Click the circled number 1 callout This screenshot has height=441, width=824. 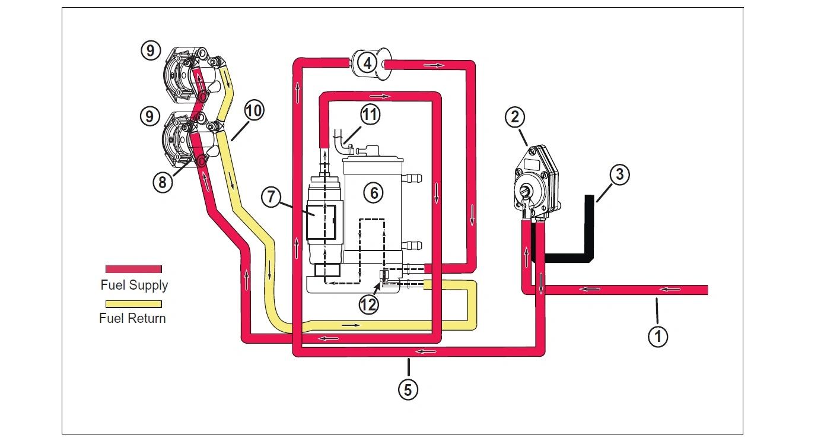point(658,337)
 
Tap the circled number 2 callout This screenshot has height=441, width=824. point(515,118)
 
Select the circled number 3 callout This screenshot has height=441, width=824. point(619,175)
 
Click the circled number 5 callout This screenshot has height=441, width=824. point(408,390)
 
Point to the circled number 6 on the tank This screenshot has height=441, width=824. point(374,193)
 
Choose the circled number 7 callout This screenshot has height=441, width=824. point(271,197)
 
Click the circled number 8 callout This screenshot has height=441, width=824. point(163,182)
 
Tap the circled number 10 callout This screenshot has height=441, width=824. point(254,111)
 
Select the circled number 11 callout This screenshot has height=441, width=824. point(370,115)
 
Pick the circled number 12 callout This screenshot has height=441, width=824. point(368,305)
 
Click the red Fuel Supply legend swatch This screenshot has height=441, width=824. point(133,269)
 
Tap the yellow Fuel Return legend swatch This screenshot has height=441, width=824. point(133,304)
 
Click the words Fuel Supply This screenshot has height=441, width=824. point(134,285)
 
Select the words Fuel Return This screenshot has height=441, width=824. point(132,318)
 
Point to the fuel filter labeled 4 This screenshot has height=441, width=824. point(370,64)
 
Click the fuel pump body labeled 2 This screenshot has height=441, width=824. point(535,183)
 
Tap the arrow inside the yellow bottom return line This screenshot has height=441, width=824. point(351,325)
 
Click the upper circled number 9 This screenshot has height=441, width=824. point(151,50)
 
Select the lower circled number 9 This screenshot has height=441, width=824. point(149,116)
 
